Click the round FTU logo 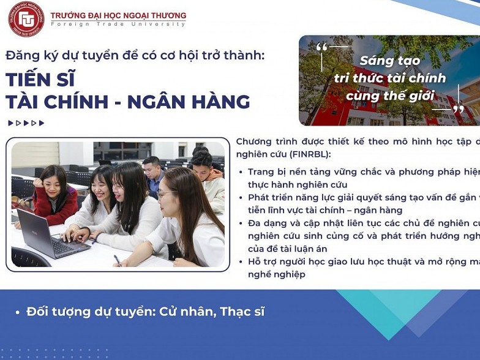[x=26, y=18]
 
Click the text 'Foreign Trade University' [x=118, y=24]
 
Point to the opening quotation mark [x=322, y=48]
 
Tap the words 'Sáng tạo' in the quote [x=390, y=61]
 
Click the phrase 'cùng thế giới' [x=390, y=96]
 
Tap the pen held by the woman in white [x=117, y=260]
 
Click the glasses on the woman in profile [x=165, y=194]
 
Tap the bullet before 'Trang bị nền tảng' [x=241, y=172]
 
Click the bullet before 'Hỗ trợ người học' [x=241, y=262]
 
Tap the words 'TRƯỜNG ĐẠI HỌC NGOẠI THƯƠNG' [x=118, y=15]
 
